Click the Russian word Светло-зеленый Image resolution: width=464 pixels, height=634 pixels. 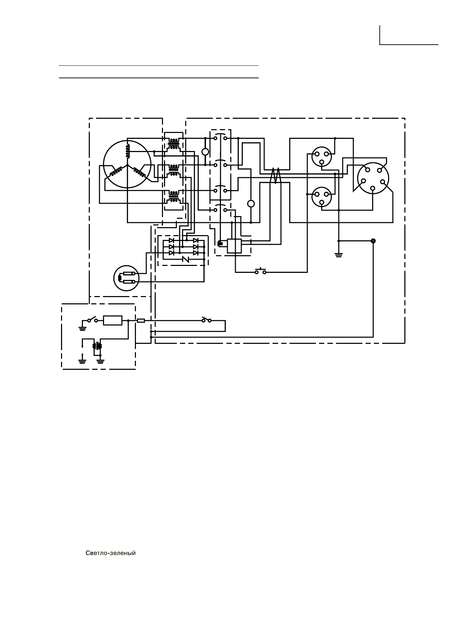pos(111,553)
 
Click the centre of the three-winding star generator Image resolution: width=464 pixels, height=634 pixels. pos(127,164)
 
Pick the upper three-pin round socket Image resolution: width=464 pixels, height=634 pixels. pos(321,157)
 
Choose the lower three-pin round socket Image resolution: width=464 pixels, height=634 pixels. pos(321,197)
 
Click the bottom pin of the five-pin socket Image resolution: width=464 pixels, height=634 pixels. pos(372,188)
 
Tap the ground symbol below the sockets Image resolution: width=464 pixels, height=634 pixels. pos(338,256)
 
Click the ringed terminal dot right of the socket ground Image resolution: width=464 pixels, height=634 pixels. pos(373,241)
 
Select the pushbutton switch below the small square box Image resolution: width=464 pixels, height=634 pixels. pos(260,272)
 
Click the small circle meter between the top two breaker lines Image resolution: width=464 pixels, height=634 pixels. pos(205,152)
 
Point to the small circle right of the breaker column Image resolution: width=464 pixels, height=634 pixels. pos(251,204)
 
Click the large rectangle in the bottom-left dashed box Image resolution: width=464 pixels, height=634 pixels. pos(113,321)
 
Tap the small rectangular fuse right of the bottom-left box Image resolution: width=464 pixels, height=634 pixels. pos(141,321)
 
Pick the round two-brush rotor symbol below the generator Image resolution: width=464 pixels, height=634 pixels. pos(126,278)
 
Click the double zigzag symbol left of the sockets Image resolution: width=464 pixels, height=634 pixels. pos(275,176)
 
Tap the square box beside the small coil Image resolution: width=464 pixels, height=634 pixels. pos(234,246)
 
